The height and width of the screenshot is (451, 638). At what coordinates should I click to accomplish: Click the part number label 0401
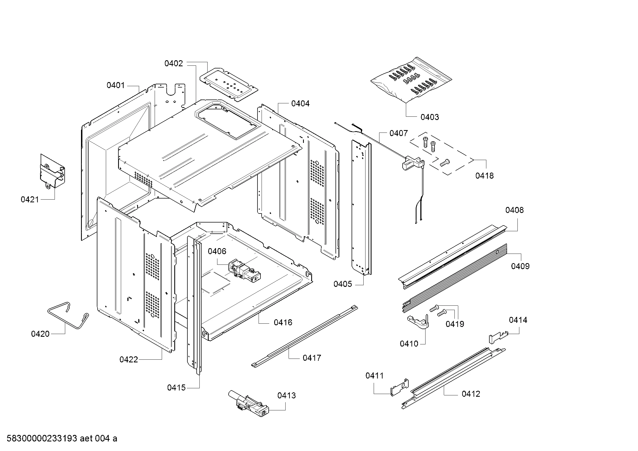pos(116,85)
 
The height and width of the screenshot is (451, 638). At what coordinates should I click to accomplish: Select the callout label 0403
pos(430,117)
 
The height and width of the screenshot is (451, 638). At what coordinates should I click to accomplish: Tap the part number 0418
pos(484,176)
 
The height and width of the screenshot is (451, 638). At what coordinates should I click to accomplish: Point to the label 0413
pos(286,395)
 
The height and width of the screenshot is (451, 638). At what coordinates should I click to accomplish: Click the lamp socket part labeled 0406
pos(244,270)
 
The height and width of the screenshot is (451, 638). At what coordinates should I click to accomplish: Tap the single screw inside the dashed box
pos(445,163)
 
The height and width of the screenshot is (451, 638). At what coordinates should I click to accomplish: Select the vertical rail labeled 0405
pos(361,208)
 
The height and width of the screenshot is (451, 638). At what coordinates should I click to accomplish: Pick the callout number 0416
pos(283,322)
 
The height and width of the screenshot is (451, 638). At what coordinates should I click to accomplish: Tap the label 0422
pos(128,360)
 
